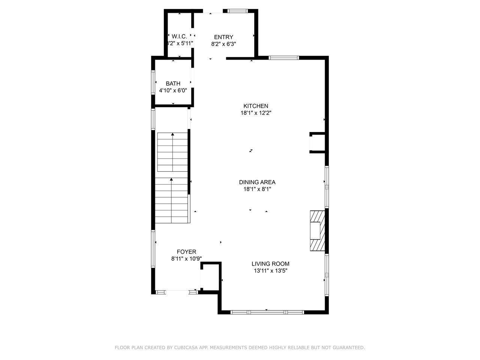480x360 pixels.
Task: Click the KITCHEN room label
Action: pyautogui.click(x=256, y=106)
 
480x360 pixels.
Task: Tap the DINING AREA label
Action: pyautogui.click(x=257, y=182)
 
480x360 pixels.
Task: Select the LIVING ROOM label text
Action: pyautogui.click(x=270, y=264)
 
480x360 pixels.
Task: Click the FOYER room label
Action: pyautogui.click(x=186, y=252)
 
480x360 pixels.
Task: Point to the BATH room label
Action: pyautogui.click(x=173, y=84)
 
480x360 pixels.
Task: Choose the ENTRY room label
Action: pyautogui.click(x=223, y=37)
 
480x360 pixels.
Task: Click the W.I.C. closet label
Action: pyautogui.click(x=179, y=36)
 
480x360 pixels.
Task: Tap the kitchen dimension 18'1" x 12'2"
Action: pyautogui.click(x=256, y=113)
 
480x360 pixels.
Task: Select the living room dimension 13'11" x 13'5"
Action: pyautogui.click(x=270, y=270)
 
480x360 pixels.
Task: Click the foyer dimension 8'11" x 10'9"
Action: pyautogui.click(x=186, y=258)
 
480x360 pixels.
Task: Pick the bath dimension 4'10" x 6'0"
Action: pyautogui.click(x=173, y=90)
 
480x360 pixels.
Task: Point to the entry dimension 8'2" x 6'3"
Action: pyautogui.click(x=223, y=44)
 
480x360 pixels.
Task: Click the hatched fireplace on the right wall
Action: pyautogui.click(x=317, y=230)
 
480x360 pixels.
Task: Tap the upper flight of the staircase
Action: pyautogui.click(x=172, y=152)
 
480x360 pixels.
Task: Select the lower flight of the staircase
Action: pyautogui.click(x=171, y=201)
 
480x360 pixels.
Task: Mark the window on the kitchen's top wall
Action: pyautogui.click(x=283, y=58)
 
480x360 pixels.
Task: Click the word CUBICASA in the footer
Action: pyautogui.click(x=186, y=348)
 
